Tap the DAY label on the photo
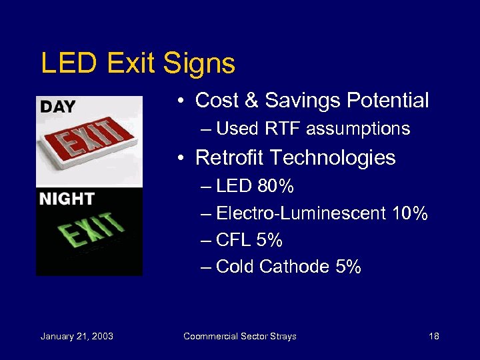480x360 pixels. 58,107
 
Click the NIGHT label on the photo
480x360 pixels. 66,199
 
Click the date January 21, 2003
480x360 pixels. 77,336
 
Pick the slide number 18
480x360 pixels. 434,336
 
